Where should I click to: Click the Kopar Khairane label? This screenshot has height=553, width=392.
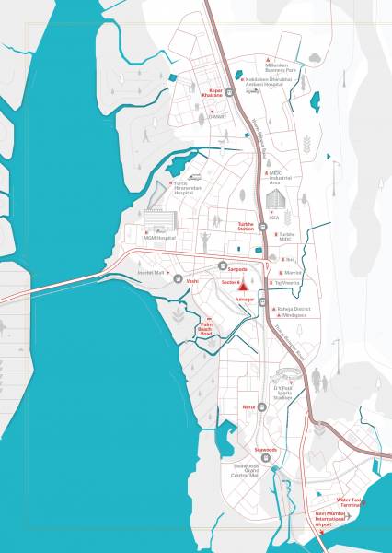pos(212,93)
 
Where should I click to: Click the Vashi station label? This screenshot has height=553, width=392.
pos(192,279)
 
